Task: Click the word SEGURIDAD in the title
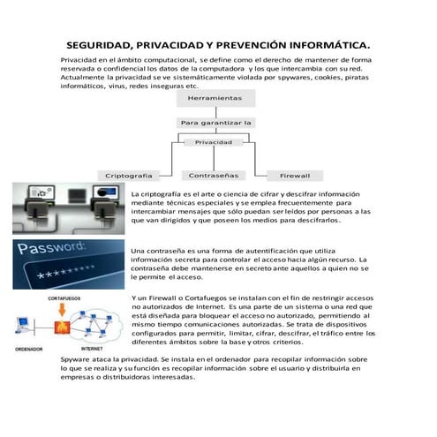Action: click(x=97, y=45)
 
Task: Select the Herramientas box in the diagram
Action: click(x=215, y=98)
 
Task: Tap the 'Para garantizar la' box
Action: click(x=215, y=122)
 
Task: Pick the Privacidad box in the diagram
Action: click(x=214, y=141)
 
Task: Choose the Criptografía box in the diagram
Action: click(x=129, y=175)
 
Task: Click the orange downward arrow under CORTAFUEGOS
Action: click(x=62, y=311)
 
